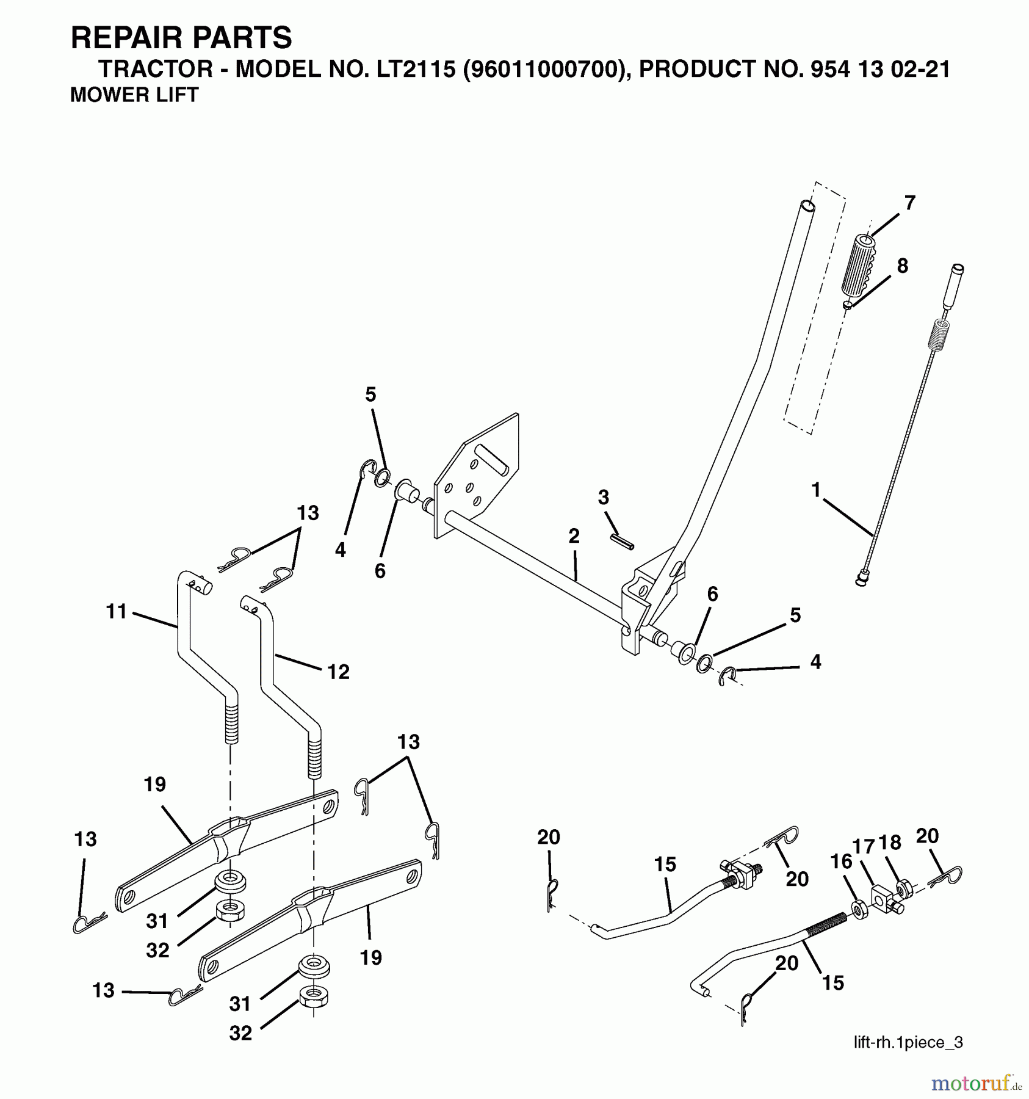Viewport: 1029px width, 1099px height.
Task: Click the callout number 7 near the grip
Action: (909, 203)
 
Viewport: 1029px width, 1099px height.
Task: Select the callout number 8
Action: (902, 266)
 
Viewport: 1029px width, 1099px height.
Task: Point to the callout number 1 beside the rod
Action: (815, 490)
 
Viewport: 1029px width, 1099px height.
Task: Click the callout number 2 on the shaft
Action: (573, 536)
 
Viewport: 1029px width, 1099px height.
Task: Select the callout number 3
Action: (603, 498)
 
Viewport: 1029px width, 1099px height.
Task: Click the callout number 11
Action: (116, 611)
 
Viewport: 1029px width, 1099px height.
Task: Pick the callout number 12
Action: (338, 672)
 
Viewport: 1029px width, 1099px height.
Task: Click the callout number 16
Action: (841, 861)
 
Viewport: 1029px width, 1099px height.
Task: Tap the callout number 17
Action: (864, 847)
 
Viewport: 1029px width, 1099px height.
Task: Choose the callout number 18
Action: (890, 843)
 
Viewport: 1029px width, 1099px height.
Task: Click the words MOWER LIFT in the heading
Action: (134, 95)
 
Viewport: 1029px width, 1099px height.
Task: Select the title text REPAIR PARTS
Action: (181, 38)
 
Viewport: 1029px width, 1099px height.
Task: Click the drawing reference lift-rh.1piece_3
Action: (908, 1042)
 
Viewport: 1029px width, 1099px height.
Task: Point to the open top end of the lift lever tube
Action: (807, 206)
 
